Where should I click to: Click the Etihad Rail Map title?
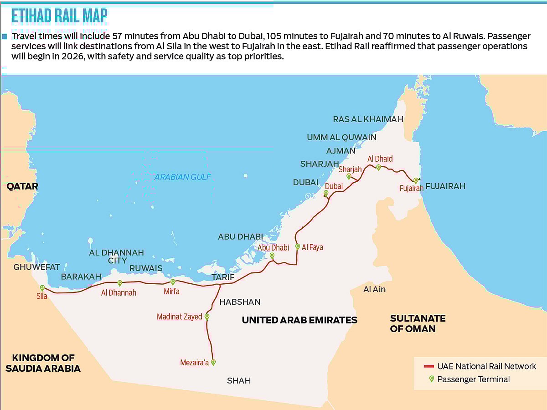click(x=60, y=16)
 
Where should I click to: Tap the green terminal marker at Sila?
click(x=42, y=288)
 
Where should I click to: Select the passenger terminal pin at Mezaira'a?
click(x=213, y=363)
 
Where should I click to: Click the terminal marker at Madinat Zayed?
click(x=207, y=317)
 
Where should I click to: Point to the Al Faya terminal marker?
click(x=298, y=246)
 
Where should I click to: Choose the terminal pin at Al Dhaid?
click(x=378, y=167)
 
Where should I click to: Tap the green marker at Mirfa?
click(x=173, y=282)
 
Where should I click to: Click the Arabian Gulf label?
click(x=183, y=177)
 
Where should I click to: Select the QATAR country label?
click(x=22, y=186)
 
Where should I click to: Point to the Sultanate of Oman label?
click(x=418, y=323)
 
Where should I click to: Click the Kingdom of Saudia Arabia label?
click(x=43, y=363)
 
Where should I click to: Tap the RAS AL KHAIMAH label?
click(x=368, y=119)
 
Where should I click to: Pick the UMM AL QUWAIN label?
click(x=341, y=137)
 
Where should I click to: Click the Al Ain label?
click(x=374, y=289)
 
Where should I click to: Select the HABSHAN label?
click(x=240, y=302)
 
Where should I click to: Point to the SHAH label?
click(x=239, y=381)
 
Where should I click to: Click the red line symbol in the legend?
click(x=428, y=366)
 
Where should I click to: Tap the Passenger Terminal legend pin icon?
click(x=431, y=379)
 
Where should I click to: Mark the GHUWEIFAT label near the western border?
click(x=36, y=267)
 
